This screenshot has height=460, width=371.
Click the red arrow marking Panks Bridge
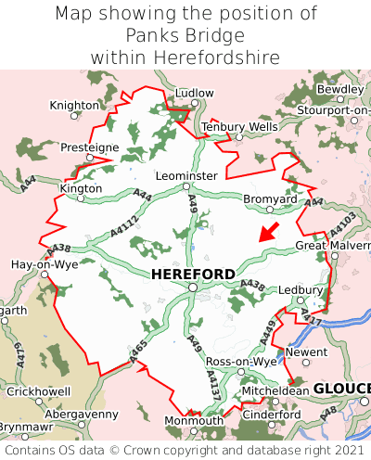(x=268, y=231)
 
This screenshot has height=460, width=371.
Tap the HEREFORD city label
(x=193, y=275)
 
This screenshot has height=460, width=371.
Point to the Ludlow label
(x=194, y=94)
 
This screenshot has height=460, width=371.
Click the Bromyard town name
(x=270, y=199)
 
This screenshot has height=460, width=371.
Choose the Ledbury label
(x=300, y=290)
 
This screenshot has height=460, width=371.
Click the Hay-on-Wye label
(x=44, y=264)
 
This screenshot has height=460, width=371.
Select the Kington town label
(x=80, y=187)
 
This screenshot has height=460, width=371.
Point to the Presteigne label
(x=90, y=147)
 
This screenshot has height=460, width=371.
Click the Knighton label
(x=74, y=106)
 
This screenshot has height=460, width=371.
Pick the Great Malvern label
(x=332, y=246)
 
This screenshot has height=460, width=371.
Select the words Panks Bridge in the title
(x=186, y=35)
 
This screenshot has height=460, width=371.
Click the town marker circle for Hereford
(x=192, y=287)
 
